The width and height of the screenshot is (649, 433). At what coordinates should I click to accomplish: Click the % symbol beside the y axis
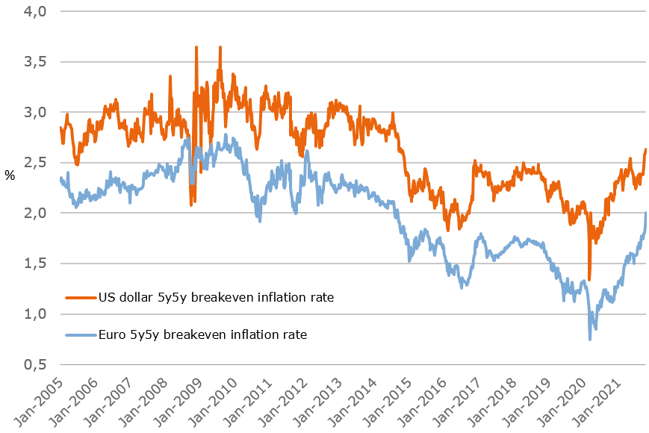(x=10, y=175)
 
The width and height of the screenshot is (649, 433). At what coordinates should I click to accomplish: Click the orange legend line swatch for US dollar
(x=79, y=297)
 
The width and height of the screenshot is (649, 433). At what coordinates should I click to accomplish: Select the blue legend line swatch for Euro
(x=79, y=334)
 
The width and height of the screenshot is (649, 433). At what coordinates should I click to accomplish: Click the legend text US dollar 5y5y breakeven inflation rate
(x=216, y=297)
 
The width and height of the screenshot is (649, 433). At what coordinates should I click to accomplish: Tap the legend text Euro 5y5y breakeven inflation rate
(x=202, y=334)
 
